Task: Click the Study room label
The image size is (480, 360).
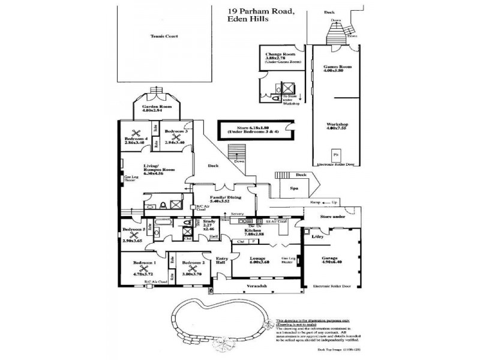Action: [x=209, y=223]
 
